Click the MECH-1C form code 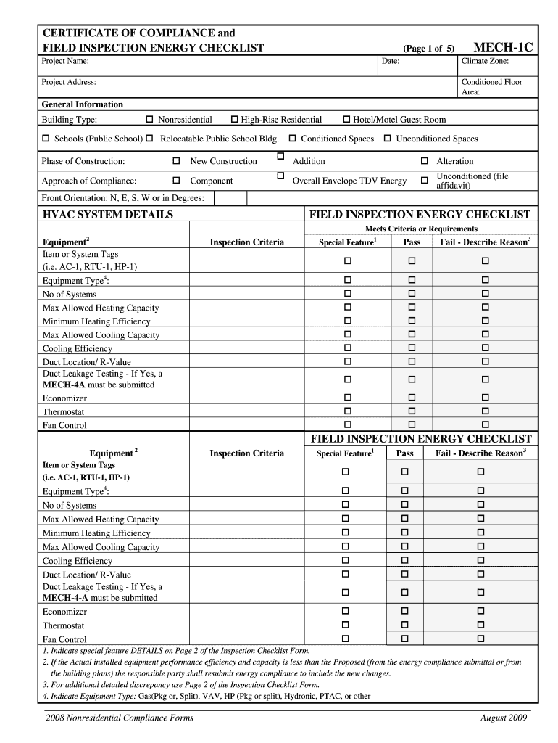click(503, 48)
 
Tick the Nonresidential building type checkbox click(150, 119)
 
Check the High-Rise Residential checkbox click(234, 119)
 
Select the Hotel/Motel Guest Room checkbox click(346, 119)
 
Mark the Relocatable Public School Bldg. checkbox click(149, 138)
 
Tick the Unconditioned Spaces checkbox click(387, 138)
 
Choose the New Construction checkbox click(175, 160)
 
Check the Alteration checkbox click(425, 160)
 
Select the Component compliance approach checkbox click(175, 180)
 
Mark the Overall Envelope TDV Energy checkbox click(280, 176)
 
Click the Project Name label click(65, 62)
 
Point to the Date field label click(391, 62)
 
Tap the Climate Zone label click(485, 62)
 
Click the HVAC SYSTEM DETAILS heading click(107, 215)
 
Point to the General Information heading click(82, 104)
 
